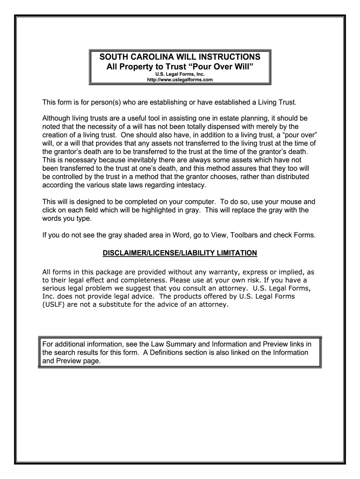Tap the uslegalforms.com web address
180,80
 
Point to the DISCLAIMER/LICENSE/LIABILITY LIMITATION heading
180,253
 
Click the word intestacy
187,185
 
